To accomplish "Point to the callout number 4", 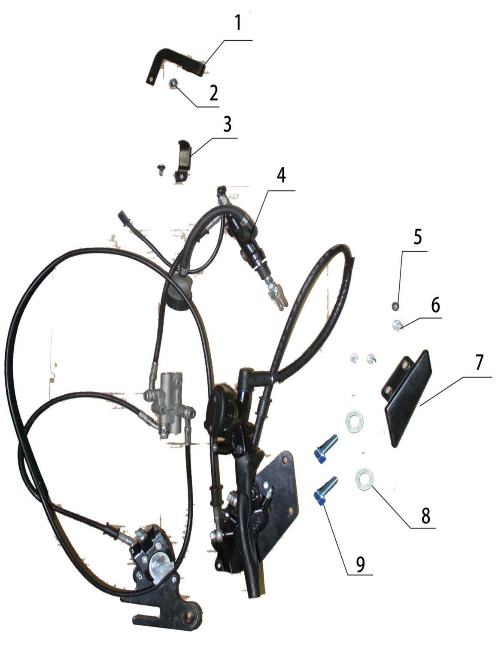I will [281, 176].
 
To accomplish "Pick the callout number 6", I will [435, 305].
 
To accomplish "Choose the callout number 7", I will [479, 363].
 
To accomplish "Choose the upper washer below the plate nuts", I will [355, 422].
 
